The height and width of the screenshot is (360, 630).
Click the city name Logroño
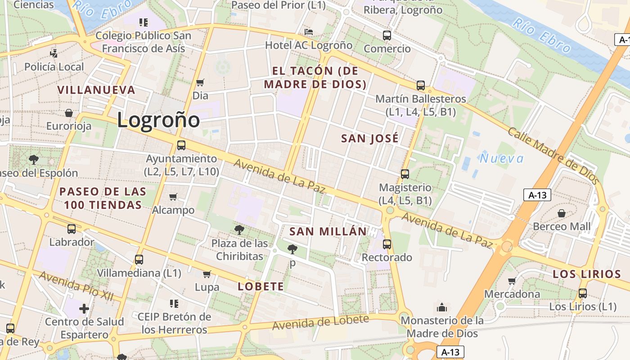pyautogui.click(x=158, y=120)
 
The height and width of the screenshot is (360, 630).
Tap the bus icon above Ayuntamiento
pyautogui.click(x=181, y=145)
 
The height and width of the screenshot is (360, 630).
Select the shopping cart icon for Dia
pyautogui.click(x=200, y=82)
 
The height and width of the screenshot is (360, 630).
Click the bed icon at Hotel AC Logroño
pyautogui.click(x=309, y=32)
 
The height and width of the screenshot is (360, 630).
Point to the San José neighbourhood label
pyautogui.click(x=370, y=138)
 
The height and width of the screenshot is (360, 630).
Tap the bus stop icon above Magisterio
pyautogui.click(x=405, y=174)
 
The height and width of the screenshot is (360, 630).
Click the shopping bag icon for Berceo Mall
pyautogui.click(x=562, y=213)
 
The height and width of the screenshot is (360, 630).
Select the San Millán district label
pyautogui.click(x=328, y=231)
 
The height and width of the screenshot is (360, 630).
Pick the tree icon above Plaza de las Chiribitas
pyautogui.click(x=239, y=230)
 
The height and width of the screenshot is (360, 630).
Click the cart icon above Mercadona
pyautogui.click(x=512, y=281)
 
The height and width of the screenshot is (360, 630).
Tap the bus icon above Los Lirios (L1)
pyautogui.click(x=583, y=293)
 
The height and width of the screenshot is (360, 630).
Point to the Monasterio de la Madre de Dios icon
pyautogui.click(x=442, y=307)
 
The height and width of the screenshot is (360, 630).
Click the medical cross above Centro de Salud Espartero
pyautogui.click(x=84, y=309)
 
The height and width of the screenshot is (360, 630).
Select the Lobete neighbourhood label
pyautogui.click(x=261, y=287)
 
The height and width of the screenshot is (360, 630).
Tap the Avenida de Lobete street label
pyautogui.click(x=320, y=322)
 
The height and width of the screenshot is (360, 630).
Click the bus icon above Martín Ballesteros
pyautogui.click(x=421, y=85)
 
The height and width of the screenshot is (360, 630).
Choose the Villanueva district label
pyautogui.click(x=97, y=90)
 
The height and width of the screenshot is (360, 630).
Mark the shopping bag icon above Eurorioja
pyautogui.click(x=69, y=112)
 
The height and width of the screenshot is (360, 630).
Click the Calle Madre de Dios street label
pyautogui.click(x=554, y=156)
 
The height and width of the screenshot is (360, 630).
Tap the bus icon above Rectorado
pyautogui.click(x=387, y=244)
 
